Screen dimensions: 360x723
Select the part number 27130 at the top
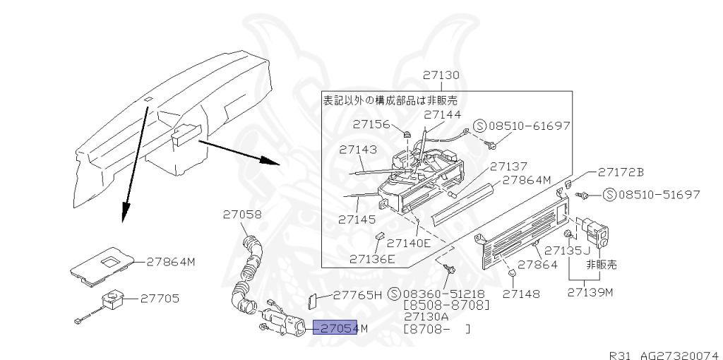pos(441,75)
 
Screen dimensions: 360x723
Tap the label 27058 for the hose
pos(242,213)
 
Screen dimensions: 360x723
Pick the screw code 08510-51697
pos(659,194)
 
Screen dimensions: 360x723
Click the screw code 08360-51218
pos(446,294)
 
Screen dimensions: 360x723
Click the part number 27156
pos(371,124)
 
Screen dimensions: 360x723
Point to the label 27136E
pos(372,259)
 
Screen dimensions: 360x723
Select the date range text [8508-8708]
pos(446,306)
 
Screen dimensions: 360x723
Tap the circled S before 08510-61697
pos(479,126)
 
